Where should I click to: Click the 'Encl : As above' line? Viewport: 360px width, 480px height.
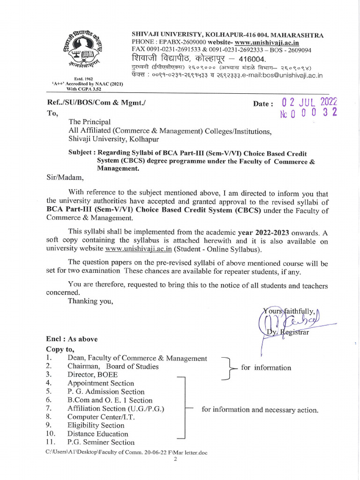click(72, 339)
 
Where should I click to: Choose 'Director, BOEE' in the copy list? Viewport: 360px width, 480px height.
click(92, 375)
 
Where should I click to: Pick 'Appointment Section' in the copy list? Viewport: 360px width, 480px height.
click(100, 383)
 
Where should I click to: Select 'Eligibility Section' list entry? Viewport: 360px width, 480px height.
click(96, 426)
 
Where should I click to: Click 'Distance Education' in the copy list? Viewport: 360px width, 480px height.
click(97, 434)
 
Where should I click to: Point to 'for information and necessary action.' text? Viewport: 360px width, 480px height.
click(260, 410)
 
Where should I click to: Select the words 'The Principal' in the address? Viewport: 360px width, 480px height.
click(89, 122)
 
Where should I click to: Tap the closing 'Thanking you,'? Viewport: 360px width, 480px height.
click(90, 301)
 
